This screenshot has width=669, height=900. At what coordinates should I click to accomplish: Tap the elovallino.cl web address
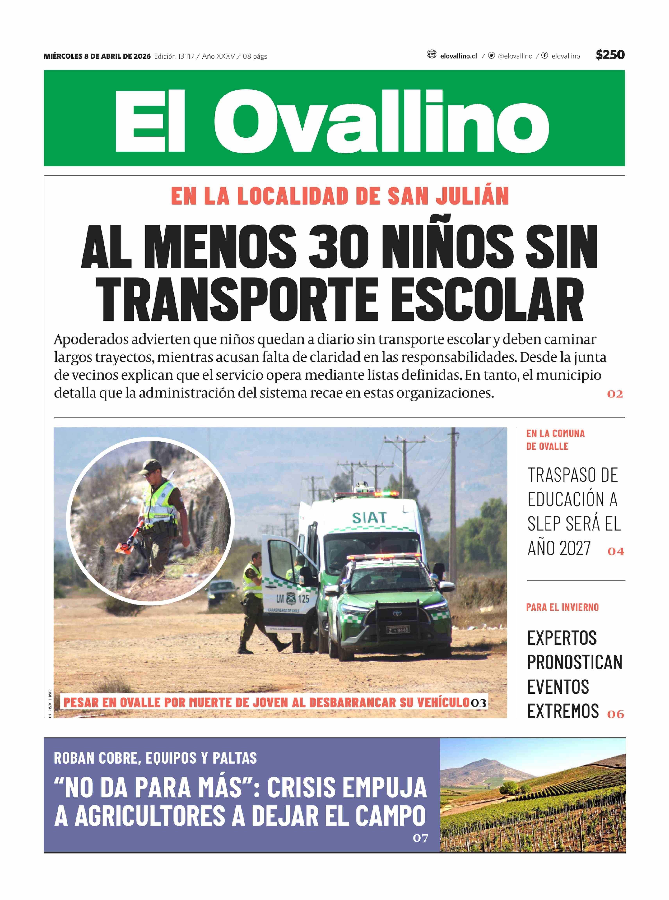[458, 56]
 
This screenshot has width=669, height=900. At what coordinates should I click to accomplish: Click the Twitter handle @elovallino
[515, 56]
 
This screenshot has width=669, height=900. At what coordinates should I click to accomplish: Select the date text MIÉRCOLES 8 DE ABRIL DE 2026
[97, 56]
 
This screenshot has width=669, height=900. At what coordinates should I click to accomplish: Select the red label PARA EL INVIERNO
[562, 607]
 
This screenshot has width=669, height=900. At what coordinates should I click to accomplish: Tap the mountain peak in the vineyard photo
[483, 761]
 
